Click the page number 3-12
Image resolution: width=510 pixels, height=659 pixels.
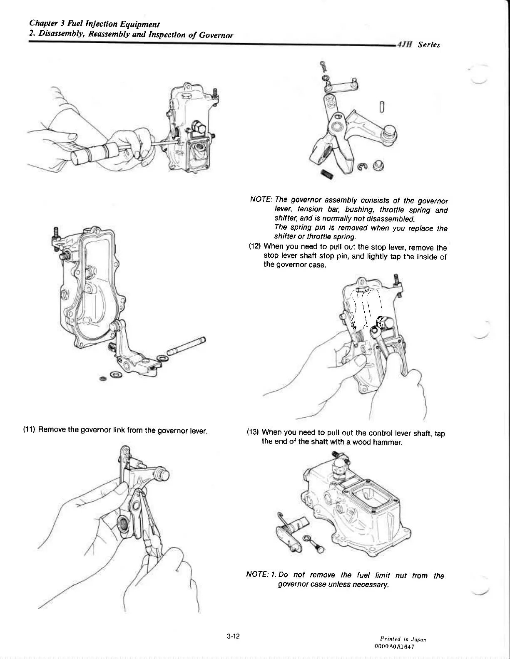point(234,636)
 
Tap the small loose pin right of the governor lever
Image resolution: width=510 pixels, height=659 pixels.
point(382,107)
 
